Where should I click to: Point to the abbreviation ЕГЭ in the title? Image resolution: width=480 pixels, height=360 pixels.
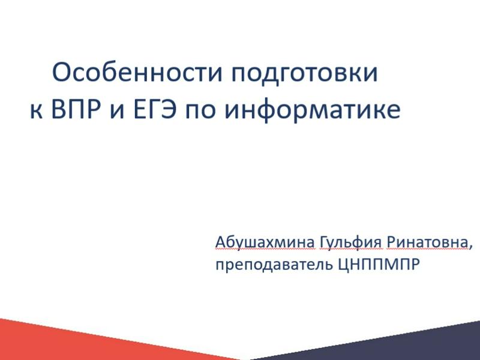click(155, 109)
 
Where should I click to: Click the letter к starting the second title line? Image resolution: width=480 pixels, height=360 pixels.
click(36, 112)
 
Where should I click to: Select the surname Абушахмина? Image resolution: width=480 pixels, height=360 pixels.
click(265, 242)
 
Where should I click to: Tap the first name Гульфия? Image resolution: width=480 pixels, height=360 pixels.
click(351, 243)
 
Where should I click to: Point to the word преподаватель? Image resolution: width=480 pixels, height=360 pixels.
click(274, 265)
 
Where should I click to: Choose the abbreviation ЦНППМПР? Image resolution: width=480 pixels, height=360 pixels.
click(379, 264)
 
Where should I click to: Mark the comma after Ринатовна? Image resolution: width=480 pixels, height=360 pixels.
click(470, 247)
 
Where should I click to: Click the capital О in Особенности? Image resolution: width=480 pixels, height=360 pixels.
click(62, 73)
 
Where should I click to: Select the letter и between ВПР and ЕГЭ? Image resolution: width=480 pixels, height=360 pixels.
click(117, 112)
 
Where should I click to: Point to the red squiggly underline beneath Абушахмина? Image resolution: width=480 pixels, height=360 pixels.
click(265, 250)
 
